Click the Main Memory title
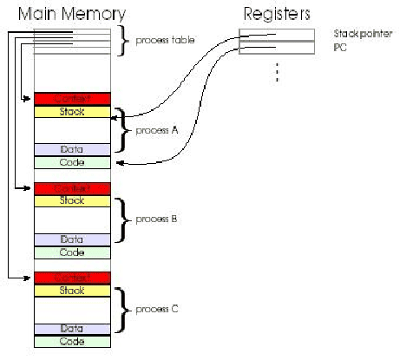pyautogui.click(x=67, y=14)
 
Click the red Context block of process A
pyautogui.click(x=72, y=99)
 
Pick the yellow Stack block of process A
pyautogui.click(x=72, y=112)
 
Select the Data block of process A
pyautogui.click(x=72, y=149)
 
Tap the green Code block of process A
pyautogui.click(x=72, y=162)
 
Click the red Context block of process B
pyautogui.click(x=72, y=188)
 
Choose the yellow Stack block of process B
pyautogui.click(x=72, y=200)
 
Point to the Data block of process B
pyautogui.click(x=72, y=239)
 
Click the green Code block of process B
pyautogui.click(x=72, y=252)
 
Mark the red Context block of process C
pyautogui.click(x=72, y=278)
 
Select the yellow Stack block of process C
pyautogui.click(x=72, y=291)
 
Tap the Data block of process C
pyautogui.click(x=72, y=328)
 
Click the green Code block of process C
pyautogui.click(x=72, y=342)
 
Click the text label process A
pyautogui.click(x=155, y=130)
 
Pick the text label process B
pyautogui.click(x=155, y=219)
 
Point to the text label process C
pyautogui.click(x=155, y=309)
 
